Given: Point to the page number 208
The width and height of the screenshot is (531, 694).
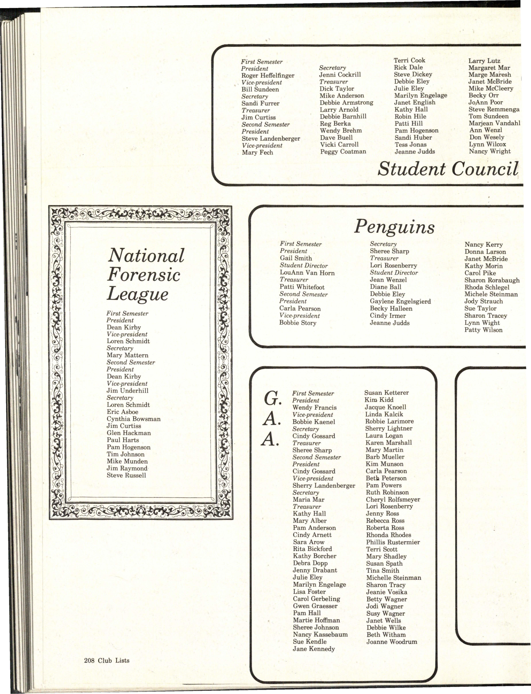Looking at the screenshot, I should tap(89, 660).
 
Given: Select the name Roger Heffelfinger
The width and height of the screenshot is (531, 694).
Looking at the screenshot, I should tap(268, 76).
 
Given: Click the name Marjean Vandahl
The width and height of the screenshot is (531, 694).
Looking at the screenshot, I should tap(494, 123).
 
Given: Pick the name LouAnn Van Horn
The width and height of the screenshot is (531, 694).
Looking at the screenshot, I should tap(307, 273).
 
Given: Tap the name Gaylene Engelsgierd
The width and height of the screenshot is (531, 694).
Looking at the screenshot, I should tap(400, 301).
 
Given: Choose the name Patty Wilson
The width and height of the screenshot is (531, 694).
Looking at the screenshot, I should tap(483, 330).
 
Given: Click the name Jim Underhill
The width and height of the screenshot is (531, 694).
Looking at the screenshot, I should tap(127, 391).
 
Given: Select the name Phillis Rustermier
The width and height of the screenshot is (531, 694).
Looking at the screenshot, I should tap(393, 542).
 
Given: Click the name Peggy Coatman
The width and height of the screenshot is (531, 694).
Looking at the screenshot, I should tap(343, 152).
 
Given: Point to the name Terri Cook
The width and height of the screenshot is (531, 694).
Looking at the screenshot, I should tap(409, 60).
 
